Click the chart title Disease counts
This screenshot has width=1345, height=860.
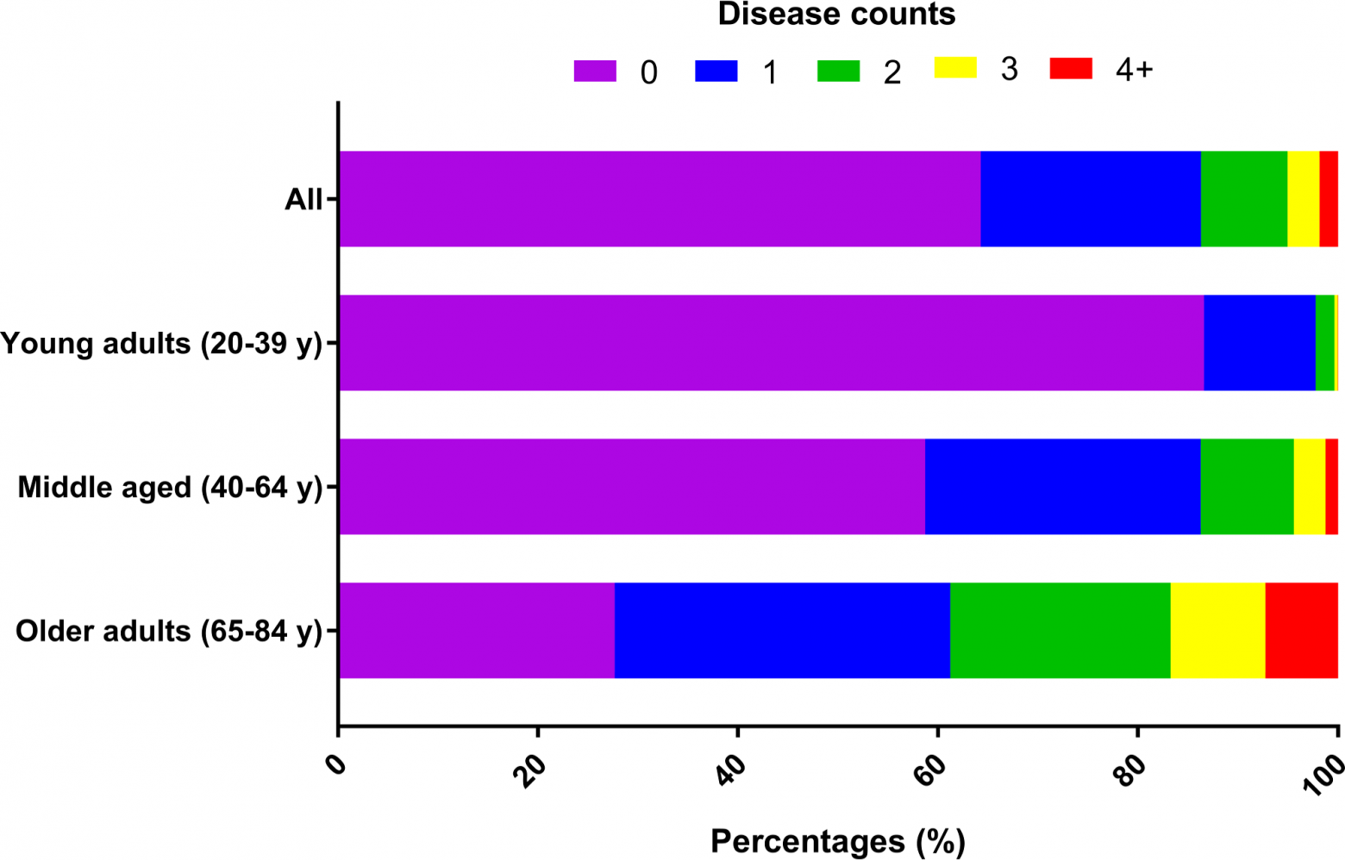point(836,15)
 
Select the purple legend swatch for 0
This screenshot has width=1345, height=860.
point(595,71)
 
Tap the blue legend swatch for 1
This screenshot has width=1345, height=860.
point(716,71)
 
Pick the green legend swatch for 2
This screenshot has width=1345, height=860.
point(838,71)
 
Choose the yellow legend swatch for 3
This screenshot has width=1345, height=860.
point(955,67)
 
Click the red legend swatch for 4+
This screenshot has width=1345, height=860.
point(1071,68)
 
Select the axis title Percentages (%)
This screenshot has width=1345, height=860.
point(837,841)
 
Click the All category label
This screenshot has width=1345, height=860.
point(303,200)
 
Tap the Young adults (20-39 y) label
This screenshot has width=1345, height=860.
point(161,344)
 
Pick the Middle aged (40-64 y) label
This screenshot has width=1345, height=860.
point(170,488)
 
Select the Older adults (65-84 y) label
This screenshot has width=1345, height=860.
point(169,632)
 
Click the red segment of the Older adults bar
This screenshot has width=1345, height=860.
point(1301,631)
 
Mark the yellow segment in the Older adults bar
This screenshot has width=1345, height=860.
point(1217,631)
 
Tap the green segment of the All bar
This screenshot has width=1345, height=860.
point(1243,199)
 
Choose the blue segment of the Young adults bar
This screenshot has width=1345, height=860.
point(1260,343)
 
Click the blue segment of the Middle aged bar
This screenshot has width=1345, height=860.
point(1062,487)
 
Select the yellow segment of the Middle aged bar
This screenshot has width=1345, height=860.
point(1309,487)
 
